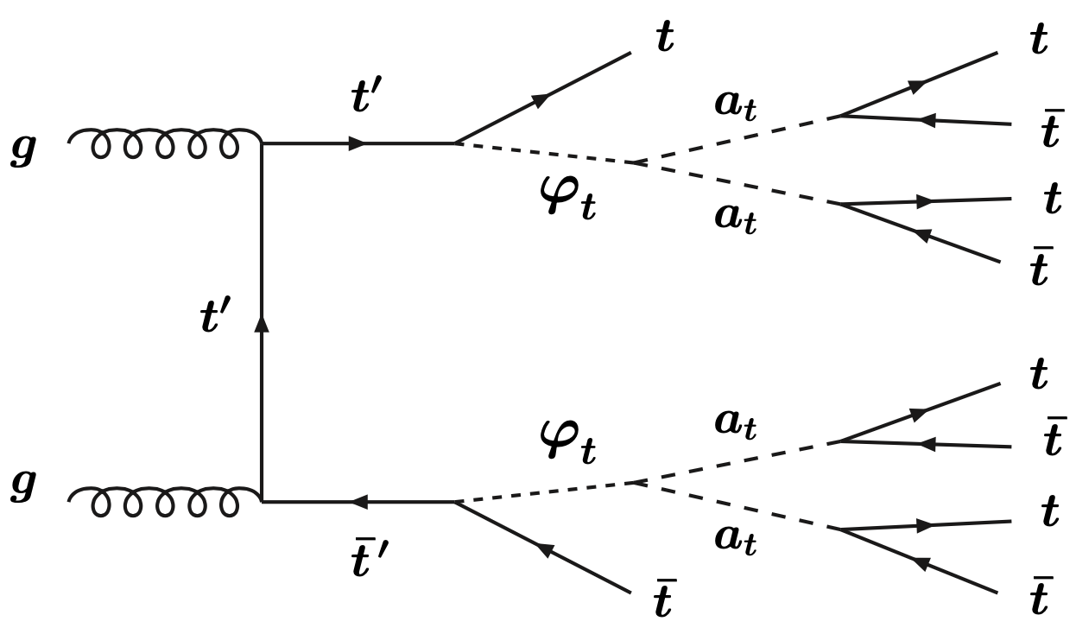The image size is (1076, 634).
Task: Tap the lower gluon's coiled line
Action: tap(164, 501)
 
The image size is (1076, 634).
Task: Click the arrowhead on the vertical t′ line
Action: tap(262, 322)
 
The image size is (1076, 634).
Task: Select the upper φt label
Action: tap(566, 201)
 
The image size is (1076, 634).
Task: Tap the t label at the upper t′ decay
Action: tap(664, 40)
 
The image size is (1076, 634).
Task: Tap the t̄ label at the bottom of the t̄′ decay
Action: tap(662, 602)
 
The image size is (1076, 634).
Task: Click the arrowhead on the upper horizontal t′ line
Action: tap(356, 143)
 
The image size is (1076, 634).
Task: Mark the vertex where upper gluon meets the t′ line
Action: tap(262, 143)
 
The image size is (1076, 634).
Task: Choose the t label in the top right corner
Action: tap(1040, 41)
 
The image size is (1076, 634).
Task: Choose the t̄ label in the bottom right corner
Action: tap(1040, 597)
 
